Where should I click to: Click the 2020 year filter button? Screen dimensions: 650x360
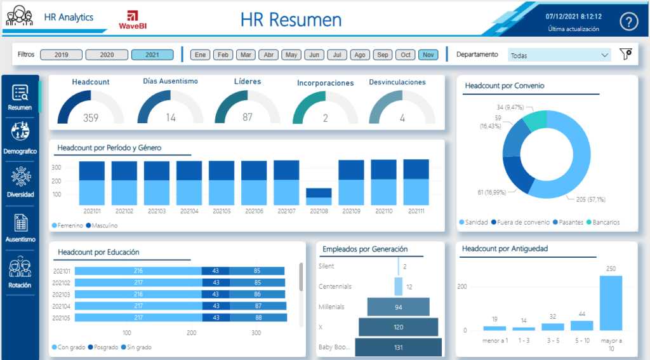coord(107,55)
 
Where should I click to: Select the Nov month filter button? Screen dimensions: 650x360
coord(428,55)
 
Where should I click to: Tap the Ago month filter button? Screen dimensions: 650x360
coord(360,55)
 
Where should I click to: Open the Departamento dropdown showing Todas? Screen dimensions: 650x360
coord(559,55)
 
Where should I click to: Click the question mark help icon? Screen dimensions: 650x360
coord(628,21)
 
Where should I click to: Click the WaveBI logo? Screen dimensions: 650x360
coord(133,20)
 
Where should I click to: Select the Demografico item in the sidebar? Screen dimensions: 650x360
coord(20,138)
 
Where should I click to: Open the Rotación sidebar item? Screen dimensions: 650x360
coord(20,272)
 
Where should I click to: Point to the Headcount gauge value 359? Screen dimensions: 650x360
coord(91,118)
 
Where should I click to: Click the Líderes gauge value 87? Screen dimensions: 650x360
coord(248,117)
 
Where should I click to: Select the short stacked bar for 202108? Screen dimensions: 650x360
coord(319,197)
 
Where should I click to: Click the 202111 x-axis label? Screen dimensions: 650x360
coord(416,211)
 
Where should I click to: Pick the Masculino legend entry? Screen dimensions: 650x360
coord(102,225)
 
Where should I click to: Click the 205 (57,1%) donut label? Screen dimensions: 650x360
coord(591,199)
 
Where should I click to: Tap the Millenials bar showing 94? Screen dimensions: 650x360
coord(399,307)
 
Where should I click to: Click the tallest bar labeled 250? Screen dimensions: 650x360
coord(611,303)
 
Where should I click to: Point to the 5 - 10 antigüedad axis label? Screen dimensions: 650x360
coord(582,340)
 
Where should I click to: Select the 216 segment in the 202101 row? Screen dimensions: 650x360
coord(138,271)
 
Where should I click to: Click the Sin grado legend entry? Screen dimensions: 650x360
coord(136,347)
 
